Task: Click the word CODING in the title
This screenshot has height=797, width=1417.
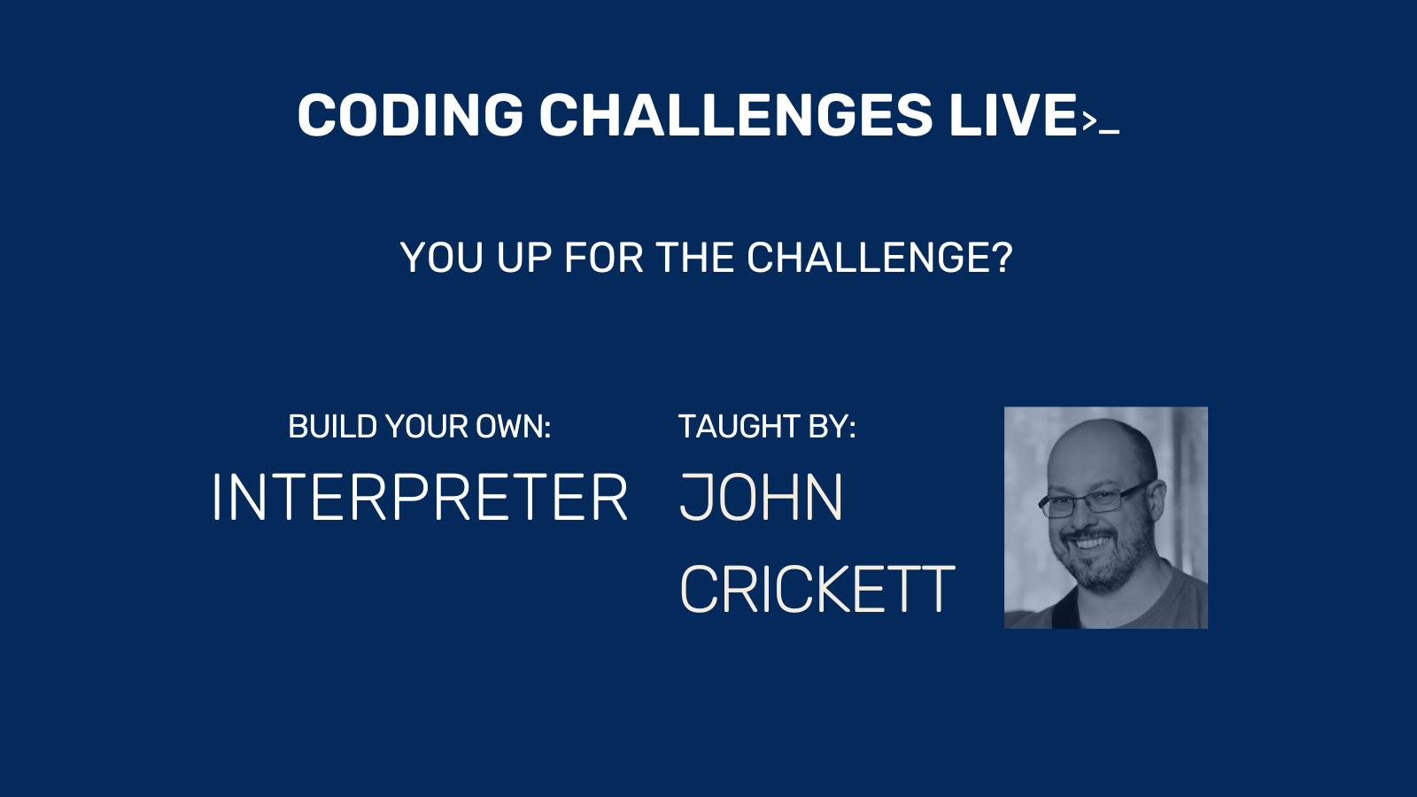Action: tap(411, 114)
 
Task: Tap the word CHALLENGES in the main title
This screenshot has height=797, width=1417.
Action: tap(736, 114)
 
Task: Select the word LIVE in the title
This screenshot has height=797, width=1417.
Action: tap(1013, 114)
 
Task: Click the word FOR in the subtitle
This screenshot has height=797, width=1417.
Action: tap(603, 258)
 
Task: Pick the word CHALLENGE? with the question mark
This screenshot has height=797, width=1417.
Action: tap(880, 258)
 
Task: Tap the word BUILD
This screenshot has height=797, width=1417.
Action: tap(333, 426)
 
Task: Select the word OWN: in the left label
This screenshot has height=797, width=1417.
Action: tap(514, 426)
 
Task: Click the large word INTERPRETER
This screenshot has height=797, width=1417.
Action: tap(420, 497)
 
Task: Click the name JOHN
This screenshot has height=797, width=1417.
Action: tap(761, 497)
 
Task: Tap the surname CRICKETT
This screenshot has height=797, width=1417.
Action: tap(817, 590)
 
